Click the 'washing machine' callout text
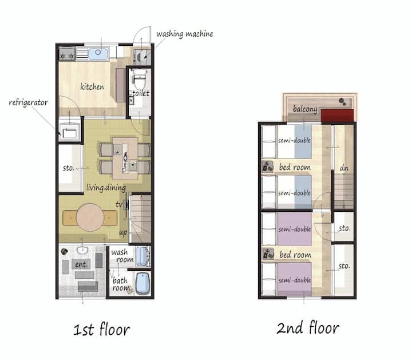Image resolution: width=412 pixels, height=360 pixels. pos(184,34)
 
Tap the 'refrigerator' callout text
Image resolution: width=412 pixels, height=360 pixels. pos(29,102)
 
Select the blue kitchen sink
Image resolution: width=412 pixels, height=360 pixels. pos(98,54)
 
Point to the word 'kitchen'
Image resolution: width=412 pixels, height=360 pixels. pos(92,86)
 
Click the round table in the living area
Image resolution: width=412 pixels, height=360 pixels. pos(90,217)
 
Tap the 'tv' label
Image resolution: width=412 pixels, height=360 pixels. pos(119,204)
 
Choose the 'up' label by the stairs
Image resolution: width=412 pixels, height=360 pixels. pos(123,232)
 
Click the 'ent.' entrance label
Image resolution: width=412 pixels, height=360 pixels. pos(81,264)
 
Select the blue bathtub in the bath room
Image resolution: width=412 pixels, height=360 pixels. pos(142,283)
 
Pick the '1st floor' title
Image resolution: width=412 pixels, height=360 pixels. pos(101,329)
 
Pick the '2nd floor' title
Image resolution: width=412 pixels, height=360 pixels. pos(308,327)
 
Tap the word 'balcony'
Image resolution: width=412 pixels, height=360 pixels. pos(305,109)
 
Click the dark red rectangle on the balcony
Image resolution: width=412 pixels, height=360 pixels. pos(338,116)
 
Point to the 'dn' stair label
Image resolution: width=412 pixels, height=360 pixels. pos(344,168)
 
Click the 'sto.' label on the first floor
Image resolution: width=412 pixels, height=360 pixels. pos(69,168)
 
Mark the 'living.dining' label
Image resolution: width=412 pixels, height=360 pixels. pos(106,188)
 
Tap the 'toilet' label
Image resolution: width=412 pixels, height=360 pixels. pos(141,93)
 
